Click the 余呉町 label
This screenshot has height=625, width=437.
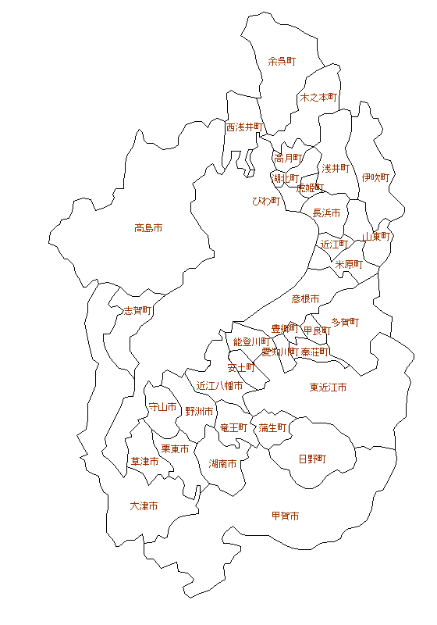(282, 61)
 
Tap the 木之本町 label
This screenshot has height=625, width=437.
(318, 98)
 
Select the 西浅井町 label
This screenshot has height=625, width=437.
(245, 127)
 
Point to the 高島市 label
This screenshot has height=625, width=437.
(148, 228)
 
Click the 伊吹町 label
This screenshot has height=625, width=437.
(375, 178)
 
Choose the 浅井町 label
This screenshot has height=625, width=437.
(336, 168)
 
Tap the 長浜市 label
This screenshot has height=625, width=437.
(326, 212)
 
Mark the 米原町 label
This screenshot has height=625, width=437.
(349, 264)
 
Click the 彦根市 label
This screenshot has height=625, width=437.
(306, 298)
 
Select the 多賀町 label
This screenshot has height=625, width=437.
(345, 321)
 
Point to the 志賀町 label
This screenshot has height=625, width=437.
(138, 310)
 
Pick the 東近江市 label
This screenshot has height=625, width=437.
(328, 387)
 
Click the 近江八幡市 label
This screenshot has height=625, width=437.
(219, 385)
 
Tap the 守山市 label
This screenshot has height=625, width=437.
(162, 407)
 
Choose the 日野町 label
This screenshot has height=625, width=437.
(312, 459)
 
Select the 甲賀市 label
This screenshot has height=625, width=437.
(285, 516)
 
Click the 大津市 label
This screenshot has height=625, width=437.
(144, 506)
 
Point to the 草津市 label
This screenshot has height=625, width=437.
(144, 462)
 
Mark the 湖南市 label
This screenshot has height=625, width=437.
(223, 463)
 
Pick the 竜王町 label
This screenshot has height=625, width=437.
(233, 427)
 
